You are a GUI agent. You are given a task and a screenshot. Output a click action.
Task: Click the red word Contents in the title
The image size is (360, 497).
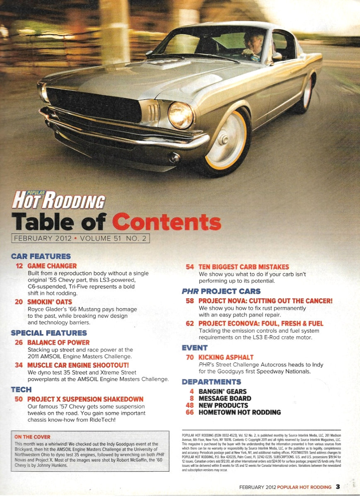coord(167,222)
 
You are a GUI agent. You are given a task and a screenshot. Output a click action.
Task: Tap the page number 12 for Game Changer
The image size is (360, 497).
coord(19,266)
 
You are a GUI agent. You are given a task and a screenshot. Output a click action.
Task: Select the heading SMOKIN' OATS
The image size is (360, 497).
coord(49,302)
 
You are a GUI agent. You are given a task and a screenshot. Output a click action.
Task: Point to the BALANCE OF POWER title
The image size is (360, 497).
coord(58,343)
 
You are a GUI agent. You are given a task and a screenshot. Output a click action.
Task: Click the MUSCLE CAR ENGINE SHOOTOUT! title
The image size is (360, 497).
coord(78,365)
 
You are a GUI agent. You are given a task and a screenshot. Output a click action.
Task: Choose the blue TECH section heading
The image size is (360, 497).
coord(21,389)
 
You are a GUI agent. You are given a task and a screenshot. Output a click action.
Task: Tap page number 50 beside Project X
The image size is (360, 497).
coord(19,399)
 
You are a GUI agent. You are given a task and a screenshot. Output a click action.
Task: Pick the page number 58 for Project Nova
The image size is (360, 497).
coord(190,301)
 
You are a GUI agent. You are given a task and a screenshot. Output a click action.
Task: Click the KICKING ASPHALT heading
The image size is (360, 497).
coord(226,357)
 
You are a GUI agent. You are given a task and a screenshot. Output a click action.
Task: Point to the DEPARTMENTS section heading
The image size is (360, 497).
coord(211,381)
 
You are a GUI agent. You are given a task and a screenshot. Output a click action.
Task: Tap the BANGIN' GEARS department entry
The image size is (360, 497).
coord(222,391)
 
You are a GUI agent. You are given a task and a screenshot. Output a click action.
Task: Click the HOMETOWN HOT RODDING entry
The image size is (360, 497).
coord(239,413)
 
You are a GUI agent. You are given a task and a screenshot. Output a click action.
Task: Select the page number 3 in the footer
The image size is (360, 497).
coord(338,487)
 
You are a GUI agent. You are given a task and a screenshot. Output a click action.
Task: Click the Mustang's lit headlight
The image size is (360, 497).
coord(181,115)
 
